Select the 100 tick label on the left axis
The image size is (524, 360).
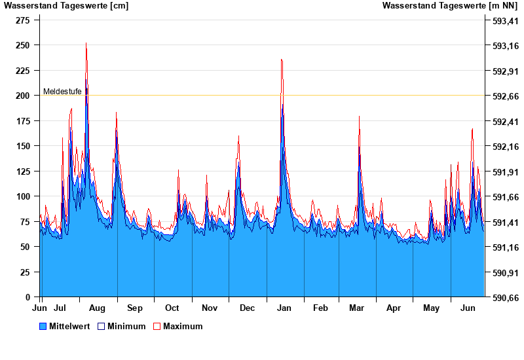22,196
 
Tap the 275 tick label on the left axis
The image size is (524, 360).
22,20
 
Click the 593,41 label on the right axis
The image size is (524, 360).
505,20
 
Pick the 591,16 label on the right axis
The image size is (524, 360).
505,247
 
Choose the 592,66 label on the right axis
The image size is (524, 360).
505,96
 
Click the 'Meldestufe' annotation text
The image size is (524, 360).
62,92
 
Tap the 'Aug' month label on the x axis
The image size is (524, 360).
97,308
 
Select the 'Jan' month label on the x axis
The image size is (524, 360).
284,308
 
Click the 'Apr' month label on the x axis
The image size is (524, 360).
394,308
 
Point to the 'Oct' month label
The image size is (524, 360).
172,308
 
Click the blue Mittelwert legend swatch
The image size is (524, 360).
43,326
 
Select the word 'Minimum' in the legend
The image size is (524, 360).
126,326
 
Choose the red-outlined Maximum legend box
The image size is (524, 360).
157,326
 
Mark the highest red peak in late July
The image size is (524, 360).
86,43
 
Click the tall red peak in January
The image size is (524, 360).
282,60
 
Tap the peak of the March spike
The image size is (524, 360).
359,117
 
